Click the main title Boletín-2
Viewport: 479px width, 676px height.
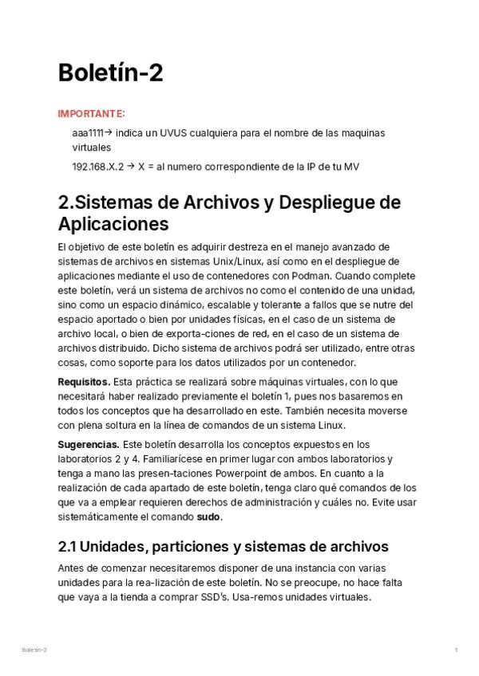[111, 73]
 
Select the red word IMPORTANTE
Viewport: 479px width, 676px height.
[91, 114]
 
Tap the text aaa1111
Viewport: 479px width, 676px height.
[88, 133]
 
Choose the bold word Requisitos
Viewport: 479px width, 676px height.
[84, 382]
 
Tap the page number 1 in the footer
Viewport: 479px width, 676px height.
[456, 650]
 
